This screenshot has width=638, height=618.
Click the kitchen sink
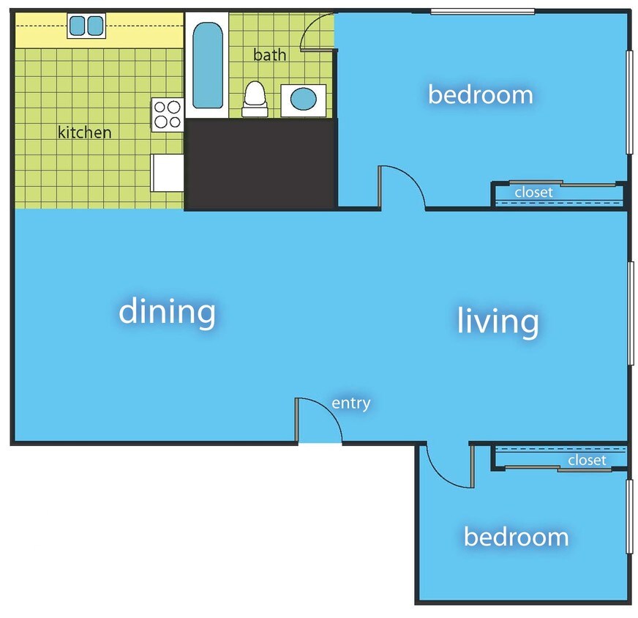click(86, 26)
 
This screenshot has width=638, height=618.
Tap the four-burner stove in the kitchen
click(167, 114)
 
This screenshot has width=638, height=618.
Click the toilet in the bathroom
click(254, 98)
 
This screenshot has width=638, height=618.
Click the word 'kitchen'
click(85, 133)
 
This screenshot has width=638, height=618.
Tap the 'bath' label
click(269, 55)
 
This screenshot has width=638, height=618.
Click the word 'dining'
click(167, 312)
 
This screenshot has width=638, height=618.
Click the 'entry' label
click(351, 403)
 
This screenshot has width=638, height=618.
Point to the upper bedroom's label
click(480, 94)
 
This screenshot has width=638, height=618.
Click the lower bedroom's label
click(516, 537)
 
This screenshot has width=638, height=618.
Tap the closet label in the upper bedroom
click(533, 193)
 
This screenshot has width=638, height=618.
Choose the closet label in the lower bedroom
click(587, 460)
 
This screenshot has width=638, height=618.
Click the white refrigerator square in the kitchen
click(167, 173)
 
